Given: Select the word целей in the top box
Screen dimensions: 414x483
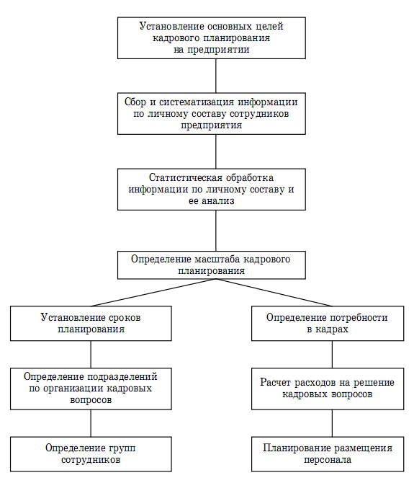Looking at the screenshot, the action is click(269, 27).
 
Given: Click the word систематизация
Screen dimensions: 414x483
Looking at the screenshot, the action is click(197, 102).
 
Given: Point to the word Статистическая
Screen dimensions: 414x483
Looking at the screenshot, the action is click(186, 178).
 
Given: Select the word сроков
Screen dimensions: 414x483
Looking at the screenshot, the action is click(125, 318).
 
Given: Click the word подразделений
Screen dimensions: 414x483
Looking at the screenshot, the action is click(122, 377).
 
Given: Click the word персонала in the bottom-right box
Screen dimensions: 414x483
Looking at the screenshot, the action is click(328, 460).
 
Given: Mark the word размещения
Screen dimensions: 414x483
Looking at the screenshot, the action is click(364, 448).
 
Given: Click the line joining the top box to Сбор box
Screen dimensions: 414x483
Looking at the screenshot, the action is click(215, 76).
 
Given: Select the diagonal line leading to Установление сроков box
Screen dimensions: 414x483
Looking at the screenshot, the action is click(153, 293).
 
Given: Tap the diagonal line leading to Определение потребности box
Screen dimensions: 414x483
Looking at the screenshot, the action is click(274, 293).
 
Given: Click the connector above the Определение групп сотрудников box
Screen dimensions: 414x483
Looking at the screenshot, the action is click(91, 423).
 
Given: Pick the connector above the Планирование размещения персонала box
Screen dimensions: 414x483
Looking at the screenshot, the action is click(332, 423).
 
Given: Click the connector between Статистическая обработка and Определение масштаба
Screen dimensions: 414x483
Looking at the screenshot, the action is click(215, 231).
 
